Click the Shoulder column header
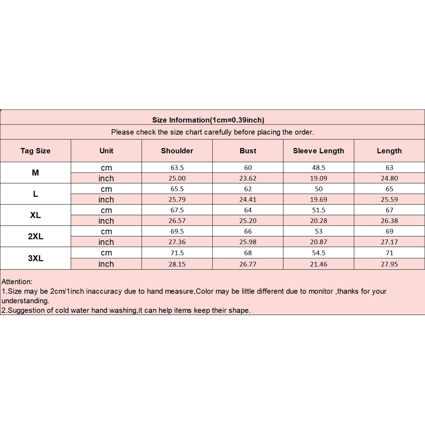[x=177, y=151]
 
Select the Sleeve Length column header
[x=318, y=151]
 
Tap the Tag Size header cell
[x=35, y=151]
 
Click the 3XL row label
[x=35, y=258]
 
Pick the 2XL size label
[x=35, y=236]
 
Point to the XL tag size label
[x=35, y=215]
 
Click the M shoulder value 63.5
[x=177, y=168]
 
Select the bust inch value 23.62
[x=248, y=178]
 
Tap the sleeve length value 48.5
[x=318, y=168]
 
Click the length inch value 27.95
[x=389, y=264]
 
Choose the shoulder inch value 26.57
[x=177, y=221]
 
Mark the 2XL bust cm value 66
[x=248, y=231]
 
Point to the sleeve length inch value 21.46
[x=318, y=264]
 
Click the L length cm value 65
[x=389, y=189]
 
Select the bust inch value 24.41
[x=248, y=199]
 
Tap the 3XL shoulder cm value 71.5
[x=177, y=253]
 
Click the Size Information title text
[x=208, y=120]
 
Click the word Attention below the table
[x=17, y=282]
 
